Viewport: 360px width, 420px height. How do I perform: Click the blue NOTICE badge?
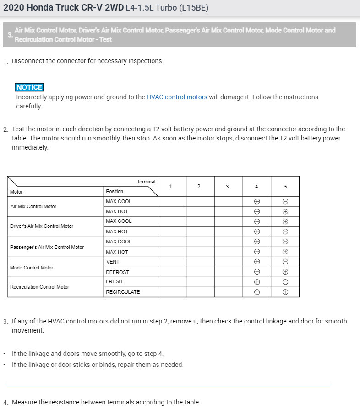[x=29, y=87]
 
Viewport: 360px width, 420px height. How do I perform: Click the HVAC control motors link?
[x=177, y=97]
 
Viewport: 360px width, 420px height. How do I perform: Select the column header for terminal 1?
[x=171, y=186]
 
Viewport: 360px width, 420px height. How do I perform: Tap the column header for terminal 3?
[x=227, y=186]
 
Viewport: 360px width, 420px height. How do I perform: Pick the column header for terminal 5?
[x=285, y=186]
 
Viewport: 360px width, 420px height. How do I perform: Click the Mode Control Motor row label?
[x=32, y=268]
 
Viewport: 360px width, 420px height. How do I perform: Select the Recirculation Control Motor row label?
[x=39, y=287]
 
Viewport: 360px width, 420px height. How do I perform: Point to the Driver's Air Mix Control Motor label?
[x=42, y=226]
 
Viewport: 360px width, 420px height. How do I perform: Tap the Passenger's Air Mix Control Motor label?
[x=47, y=247]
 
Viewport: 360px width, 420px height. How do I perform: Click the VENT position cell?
[x=113, y=262]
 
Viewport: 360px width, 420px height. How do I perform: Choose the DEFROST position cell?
[x=117, y=272]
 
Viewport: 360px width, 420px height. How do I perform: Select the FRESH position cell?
[x=114, y=281]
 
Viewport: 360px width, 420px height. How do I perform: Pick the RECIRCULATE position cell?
[x=123, y=292]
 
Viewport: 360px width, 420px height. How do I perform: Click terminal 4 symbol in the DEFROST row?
[x=257, y=272]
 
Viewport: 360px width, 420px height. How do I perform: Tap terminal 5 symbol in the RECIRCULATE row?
[x=285, y=292]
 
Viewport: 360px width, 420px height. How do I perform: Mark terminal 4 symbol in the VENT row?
[x=257, y=262]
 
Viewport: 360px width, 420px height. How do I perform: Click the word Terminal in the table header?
[x=146, y=182]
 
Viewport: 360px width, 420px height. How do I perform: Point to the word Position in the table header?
[x=115, y=191]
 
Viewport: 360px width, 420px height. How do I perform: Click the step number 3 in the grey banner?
[x=10, y=35]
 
